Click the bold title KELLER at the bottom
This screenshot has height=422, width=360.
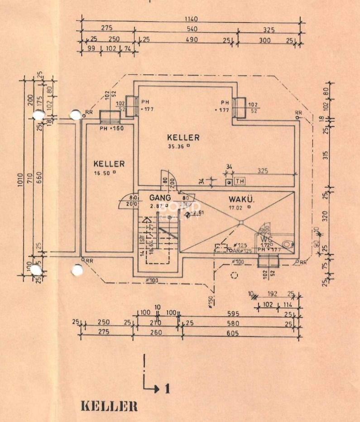[x=109, y=406]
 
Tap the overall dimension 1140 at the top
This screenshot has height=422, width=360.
[x=191, y=19]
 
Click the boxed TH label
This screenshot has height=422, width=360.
[x=240, y=182]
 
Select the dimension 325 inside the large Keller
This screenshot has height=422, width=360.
[x=263, y=171]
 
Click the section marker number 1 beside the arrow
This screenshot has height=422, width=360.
[x=167, y=388]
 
